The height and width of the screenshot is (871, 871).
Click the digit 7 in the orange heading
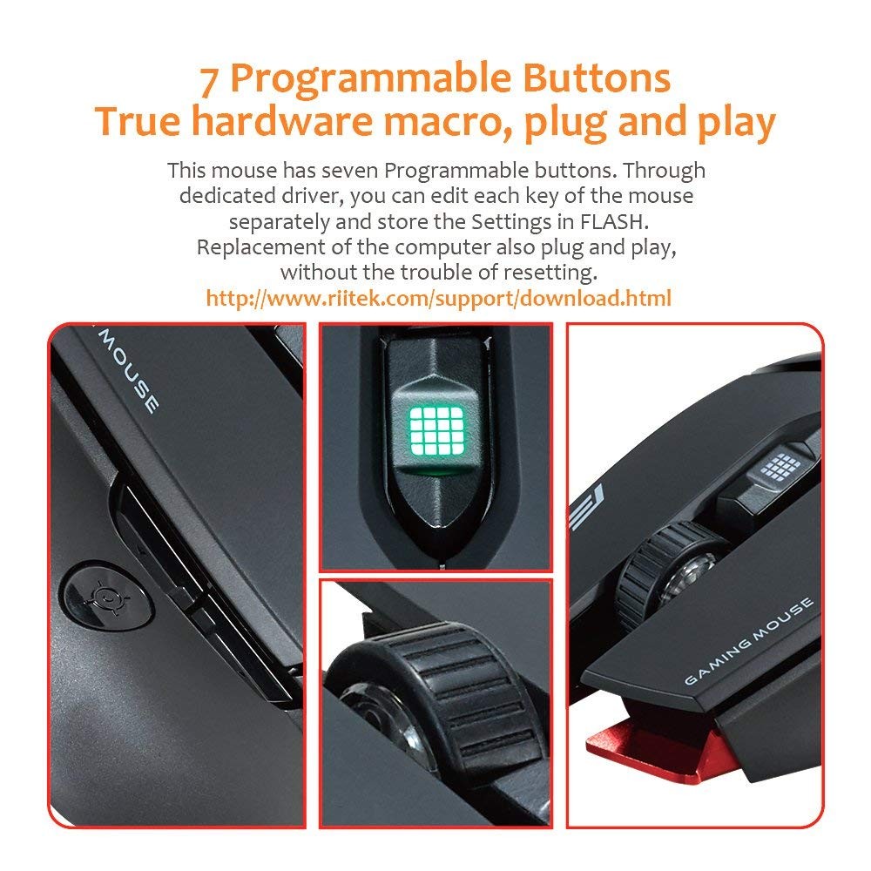point(209,81)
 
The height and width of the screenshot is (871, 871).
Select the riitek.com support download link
point(438,298)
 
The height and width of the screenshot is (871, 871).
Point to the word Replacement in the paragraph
point(260,247)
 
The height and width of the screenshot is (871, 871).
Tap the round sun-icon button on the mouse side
point(106,596)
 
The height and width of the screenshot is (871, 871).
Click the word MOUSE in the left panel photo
point(128,371)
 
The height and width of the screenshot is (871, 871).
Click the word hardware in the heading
point(281,121)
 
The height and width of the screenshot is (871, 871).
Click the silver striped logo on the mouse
point(585,507)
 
